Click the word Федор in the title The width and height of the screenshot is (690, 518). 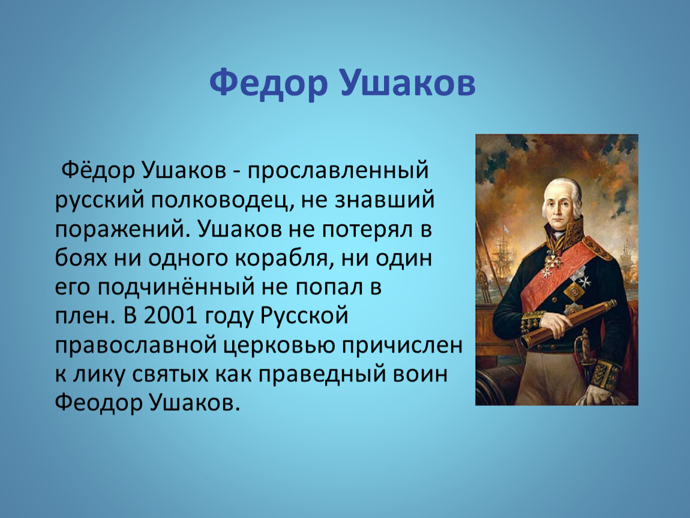(x=268, y=83)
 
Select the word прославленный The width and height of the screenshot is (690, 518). (x=338, y=171)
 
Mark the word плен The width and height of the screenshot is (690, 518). (x=82, y=316)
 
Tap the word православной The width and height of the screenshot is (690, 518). (x=136, y=345)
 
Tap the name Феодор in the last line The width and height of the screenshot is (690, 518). (x=99, y=403)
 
